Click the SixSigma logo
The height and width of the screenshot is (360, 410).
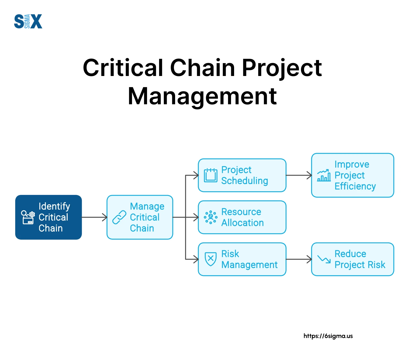click(x=28, y=21)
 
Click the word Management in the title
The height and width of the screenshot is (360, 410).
click(x=202, y=97)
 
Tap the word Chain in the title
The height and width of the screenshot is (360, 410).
click(x=203, y=68)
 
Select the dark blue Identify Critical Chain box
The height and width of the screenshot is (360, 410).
click(x=48, y=217)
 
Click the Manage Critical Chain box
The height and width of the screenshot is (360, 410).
click(x=140, y=217)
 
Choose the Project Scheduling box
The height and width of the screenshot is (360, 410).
click(x=242, y=175)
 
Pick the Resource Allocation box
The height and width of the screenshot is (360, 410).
click(x=242, y=217)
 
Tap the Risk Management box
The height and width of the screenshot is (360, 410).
click(x=242, y=259)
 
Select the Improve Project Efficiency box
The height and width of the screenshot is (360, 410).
click(x=353, y=175)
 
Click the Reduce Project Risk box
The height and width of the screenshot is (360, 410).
click(x=353, y=259)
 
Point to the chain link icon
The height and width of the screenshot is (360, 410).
click(x=119, y=217)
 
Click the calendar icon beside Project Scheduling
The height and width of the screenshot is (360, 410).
click(x=211, y=175)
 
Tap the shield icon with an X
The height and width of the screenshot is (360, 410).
click(x=211, y=259)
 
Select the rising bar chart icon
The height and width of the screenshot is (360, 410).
click(x=324, y=175)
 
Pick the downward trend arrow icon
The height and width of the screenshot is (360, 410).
click(x=324, y=259)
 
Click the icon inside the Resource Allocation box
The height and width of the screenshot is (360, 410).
click(x=211, y=217)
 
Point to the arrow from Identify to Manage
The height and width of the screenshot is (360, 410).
click(x=94, y=217)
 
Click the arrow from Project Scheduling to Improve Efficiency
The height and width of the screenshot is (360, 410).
click(x=299, y=175)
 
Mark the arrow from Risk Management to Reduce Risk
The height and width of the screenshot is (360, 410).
click(x=299, y=259)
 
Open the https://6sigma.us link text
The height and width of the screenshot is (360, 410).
click(x=328, y=336)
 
